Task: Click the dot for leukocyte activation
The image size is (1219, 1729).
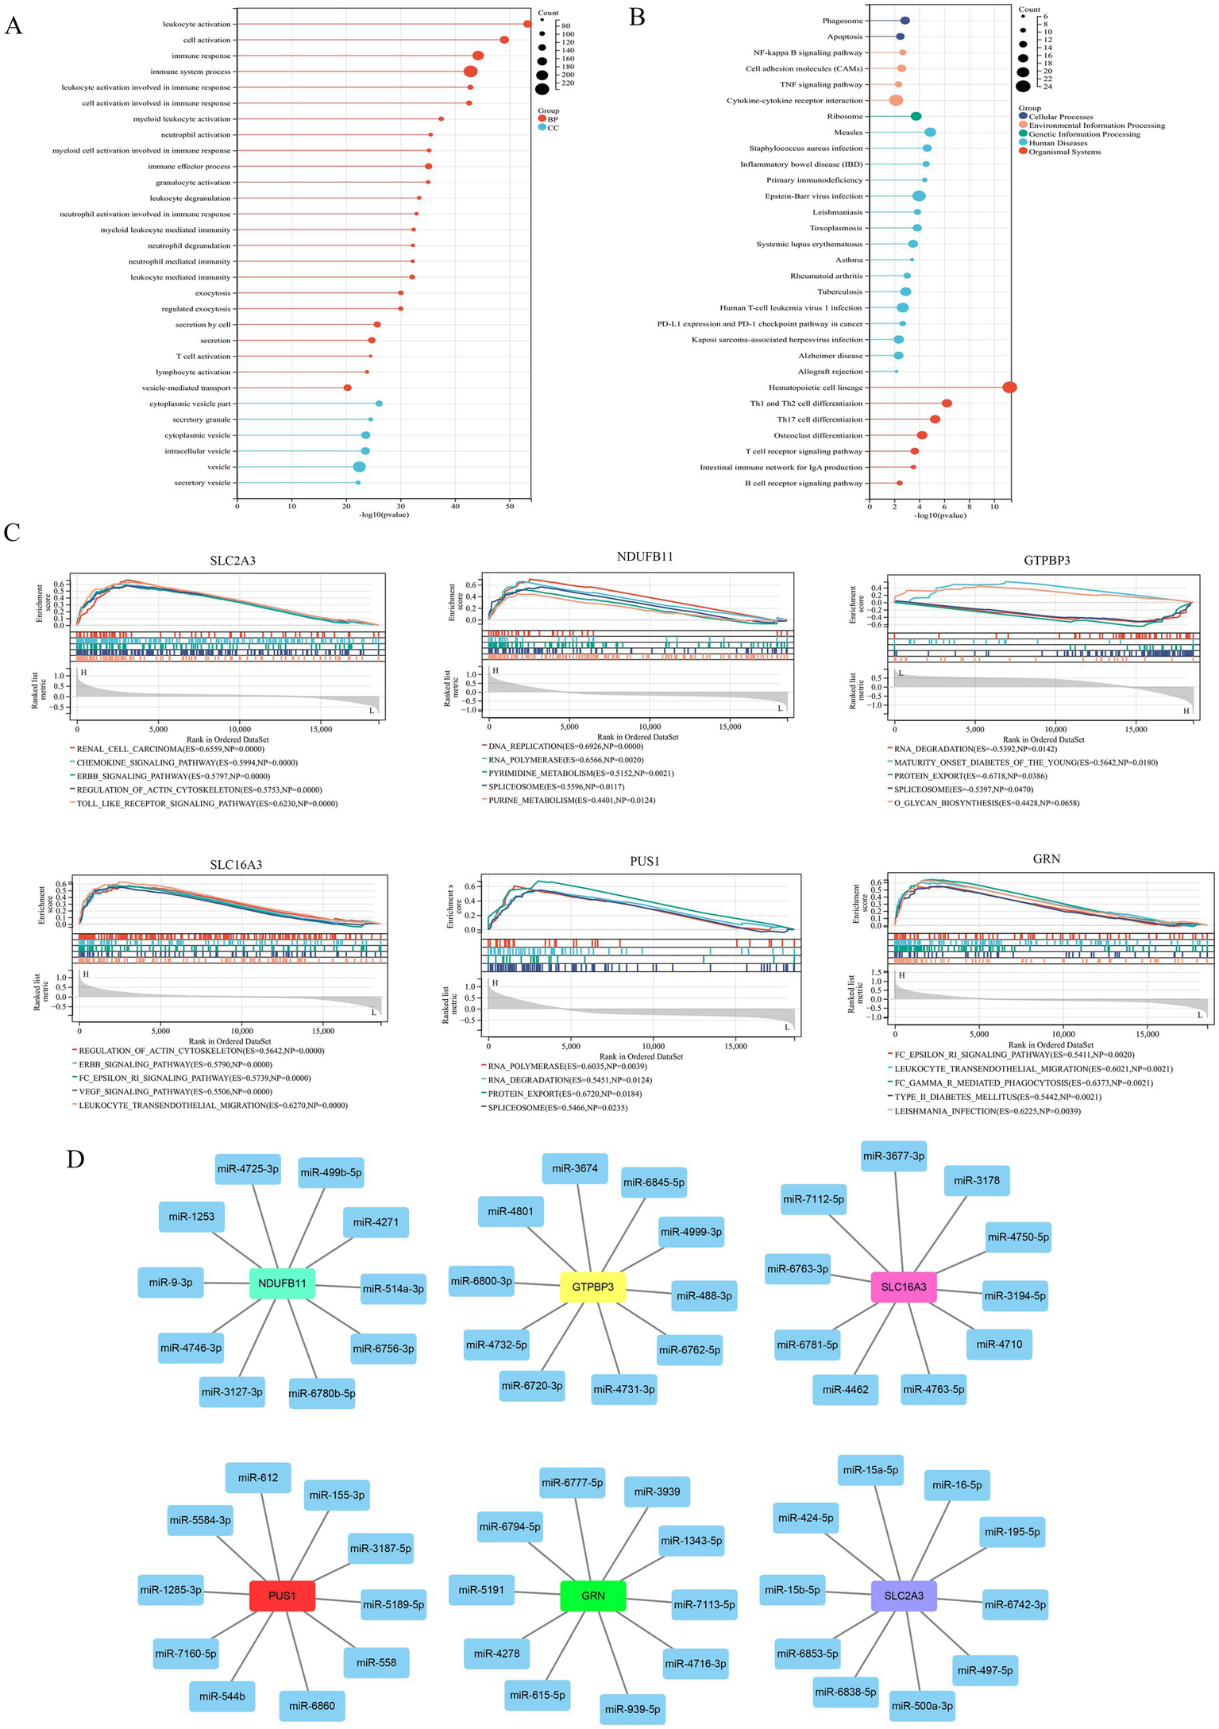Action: pyautogui.click(x=527, y=24)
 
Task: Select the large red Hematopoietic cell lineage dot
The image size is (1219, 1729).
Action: pyautogui.click(x=1009, y=388)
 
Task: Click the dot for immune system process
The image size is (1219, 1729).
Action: pyautogui.click(x=471, y=71)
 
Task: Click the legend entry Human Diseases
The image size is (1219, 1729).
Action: pyautogui.click(x=1058, y=143)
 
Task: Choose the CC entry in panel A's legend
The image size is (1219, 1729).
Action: pyautogui.click(x=552, y=127)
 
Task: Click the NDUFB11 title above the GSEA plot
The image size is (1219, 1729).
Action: pyautogui.click(x=644, y=557)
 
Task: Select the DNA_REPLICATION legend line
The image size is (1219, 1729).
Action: pyautogui.click(x=565, y=747)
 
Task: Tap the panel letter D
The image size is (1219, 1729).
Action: pyautogui.click(x=75, y=1159)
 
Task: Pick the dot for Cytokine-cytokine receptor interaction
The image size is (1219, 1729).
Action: pyautogui.click(x=896, y=101)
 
